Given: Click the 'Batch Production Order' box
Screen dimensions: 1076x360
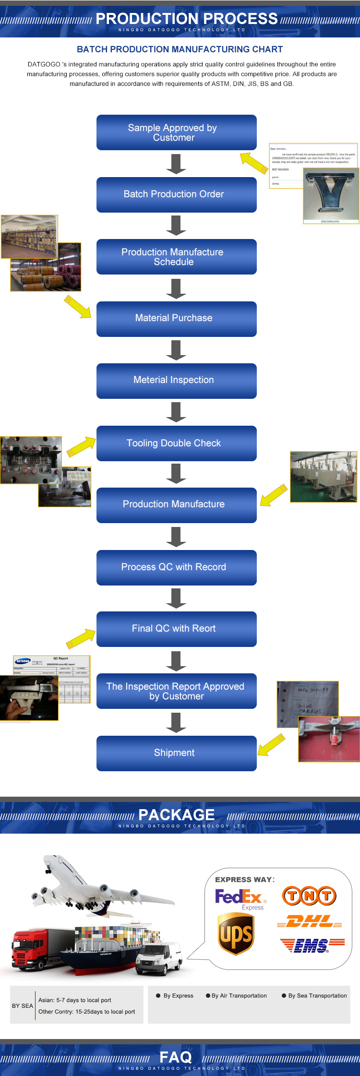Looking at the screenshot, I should [x=176, y=194].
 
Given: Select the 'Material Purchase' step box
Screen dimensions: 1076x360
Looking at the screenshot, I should [x=176, y=319].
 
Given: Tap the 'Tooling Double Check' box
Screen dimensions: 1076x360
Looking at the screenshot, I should [x=176, y=443].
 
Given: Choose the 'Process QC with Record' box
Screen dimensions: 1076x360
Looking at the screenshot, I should [x=176, y=567].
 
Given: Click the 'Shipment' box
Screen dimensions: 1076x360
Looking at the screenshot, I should [x=176, y=753].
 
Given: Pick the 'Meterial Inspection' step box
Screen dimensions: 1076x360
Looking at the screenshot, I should [x=176, y=381].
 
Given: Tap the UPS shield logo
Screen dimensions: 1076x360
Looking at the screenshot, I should [x=235, y=933].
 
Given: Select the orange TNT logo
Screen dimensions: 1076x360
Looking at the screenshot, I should [x=309, y=896].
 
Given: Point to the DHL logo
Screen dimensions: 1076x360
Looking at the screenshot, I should [x=310, y=921].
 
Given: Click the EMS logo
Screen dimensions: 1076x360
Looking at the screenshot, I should [x=312, y=945].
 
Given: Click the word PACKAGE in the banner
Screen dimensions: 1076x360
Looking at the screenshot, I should [x=176, y=815].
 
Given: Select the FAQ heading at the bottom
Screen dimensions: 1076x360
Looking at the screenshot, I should [x=175, y=1057].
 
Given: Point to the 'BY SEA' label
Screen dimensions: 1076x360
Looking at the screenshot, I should [x=23, y=1005].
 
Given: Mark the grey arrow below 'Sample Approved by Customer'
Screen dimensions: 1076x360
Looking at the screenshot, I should [x=176, y=164].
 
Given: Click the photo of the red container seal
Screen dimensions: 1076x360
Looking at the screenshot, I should [x=329, y=739].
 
